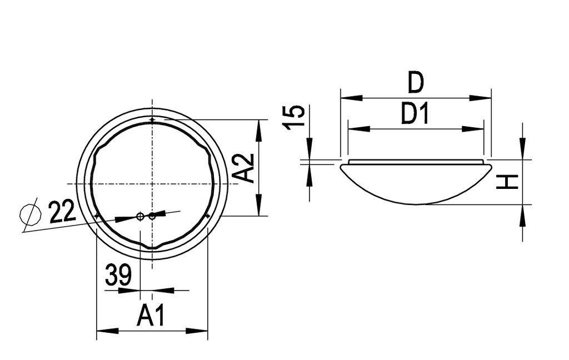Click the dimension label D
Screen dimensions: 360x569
[415, 82]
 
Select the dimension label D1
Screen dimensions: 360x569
[415, 114]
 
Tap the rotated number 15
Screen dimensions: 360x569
[295, 116]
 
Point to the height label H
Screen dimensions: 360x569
[507, 181]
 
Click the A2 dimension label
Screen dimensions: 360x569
[243, 168]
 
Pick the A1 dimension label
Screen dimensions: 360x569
[151, 316]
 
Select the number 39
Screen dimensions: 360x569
[118, 275]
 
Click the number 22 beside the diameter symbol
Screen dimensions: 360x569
[62, 212]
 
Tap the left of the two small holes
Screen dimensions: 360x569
[141, 216]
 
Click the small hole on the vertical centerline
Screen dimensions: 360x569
[152, 216]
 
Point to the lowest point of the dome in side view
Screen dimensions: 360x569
[415, 204]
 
